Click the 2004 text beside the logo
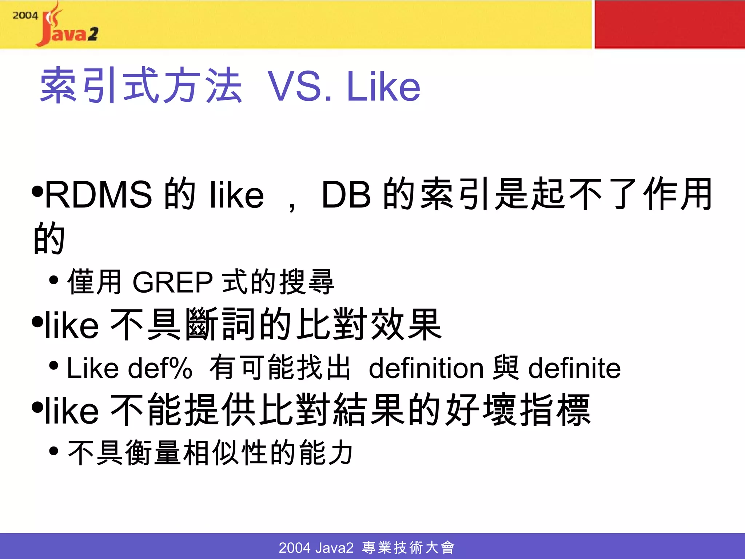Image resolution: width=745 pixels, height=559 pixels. (25, 16)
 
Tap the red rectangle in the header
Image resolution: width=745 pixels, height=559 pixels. (669, 24)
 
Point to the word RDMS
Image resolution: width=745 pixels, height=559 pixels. (98, 195)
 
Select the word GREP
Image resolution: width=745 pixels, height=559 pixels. (172, 282)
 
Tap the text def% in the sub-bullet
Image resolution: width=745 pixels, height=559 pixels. (160, 368)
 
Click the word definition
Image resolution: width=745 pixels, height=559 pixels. (426, 368)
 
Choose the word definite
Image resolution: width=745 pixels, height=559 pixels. (574, 368)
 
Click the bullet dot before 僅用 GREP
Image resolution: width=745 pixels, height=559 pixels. (53, 280)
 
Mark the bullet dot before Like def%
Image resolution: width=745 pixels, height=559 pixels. (53, 365)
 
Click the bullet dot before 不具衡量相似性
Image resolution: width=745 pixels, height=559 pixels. (53, 451)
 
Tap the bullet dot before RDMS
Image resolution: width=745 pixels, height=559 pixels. (37, 191)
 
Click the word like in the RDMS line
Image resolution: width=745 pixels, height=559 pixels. (237, 195)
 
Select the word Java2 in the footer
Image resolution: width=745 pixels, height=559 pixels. (334, 547)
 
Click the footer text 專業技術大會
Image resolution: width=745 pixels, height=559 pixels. (408, 547)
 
